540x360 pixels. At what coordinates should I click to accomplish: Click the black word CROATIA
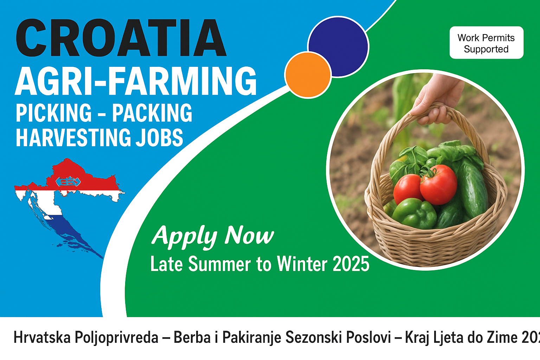pyautogui.click(x=121, y=38)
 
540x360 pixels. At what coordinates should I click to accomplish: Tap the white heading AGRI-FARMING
pyautogui.click(x=136, y=81)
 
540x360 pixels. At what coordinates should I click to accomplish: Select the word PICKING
pyautogui.click(x=54, y=113)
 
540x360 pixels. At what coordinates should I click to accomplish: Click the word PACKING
pyautogui.click(x=152, y=113)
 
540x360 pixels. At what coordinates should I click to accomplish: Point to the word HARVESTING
pyautogui.click(x=73, y=137)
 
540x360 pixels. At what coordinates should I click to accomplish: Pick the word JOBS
pyautogui.click(x=159, y=137)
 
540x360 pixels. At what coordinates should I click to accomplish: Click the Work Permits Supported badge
pyautogui.click(x=486, y=43)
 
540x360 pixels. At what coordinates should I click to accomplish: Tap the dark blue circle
pyautogui.click(x=339, y=46)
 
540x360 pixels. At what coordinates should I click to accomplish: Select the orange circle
pyautogui.click(x=308, y=75)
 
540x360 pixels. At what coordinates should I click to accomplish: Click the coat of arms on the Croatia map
pyautogui.click(x=68, y=181)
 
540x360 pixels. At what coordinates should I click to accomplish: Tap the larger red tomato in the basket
pyautogui.click(x=438, y=184)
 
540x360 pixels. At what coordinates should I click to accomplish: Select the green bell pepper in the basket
pyautogui.click(x=414, y=213)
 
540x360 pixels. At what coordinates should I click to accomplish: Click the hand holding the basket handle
pyautogui.click(x=436, y=99)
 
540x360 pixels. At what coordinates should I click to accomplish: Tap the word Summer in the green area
pyautogui.click(x=220, y=264)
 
